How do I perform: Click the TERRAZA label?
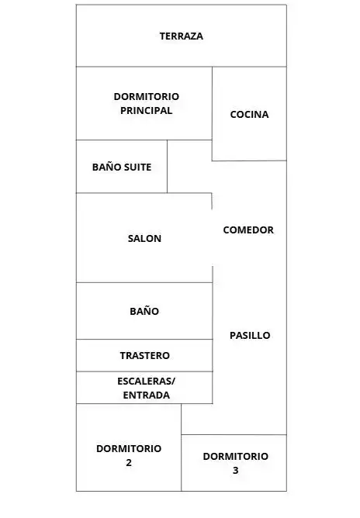pyautogui.click(x=181, y=36)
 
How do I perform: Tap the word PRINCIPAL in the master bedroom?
pyautogui.click(x=146, y=110)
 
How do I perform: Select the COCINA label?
pyautogui.click(x=249, y=114)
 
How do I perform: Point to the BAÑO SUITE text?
pyautogui.click(x=122, y=167)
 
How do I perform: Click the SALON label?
pyautogui.click(x=144, y=238)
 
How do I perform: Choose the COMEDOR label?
pyautogui.click(x=248, y=230)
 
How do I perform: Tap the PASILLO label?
pyautogui.click(x=250, y=335)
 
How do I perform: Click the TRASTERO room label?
pyautogui.click(x=145, y=355)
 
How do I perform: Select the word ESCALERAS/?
pyautogui.click(x=147, y=382)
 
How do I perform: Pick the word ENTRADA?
pyautogui.click(x=147, y=395)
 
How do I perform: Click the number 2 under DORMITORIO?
pyautogui.click(x=129, y=462)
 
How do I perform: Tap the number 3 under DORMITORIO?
pyautogui.click(x=235, y=470)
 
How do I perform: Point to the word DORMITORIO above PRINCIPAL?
pyautogui.click(x=147, y=96)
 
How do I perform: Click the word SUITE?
pyautogui.click(x=137, y=167)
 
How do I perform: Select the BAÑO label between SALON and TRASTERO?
pyautogui.click(x=144, y=311)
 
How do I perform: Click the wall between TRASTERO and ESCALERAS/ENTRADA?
pyautogui.click(x=144, y=371)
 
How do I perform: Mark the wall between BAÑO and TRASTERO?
pyautogui.click(x=144, y=340)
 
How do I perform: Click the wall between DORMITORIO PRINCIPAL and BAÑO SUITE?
pyautogui.click(x=122, y=140)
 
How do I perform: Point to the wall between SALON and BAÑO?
pyautogui.click(x=144, y=282)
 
